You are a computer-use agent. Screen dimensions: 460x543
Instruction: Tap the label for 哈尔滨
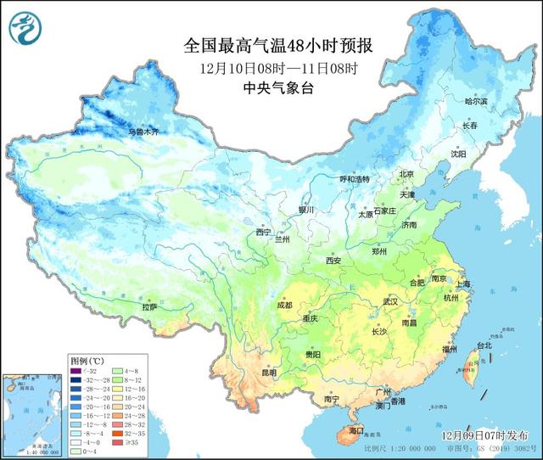pyautogui.click(x=476, y=101)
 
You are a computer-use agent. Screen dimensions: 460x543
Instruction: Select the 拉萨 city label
pyautogui.click(x=149, y=306)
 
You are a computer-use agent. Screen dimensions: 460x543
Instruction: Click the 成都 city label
pyautogui.click(x=285, y=305)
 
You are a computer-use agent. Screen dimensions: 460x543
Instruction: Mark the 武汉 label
pyautogui.click(x=389, y=301)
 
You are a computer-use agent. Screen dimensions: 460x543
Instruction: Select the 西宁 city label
pyautogui.click(x=264, y=232)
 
